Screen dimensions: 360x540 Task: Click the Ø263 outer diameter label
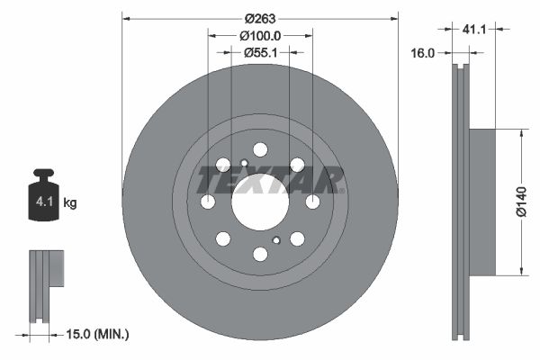pos(260,17)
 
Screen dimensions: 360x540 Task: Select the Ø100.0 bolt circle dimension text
pos(260,35)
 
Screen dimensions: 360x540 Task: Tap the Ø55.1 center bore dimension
pos(260,53)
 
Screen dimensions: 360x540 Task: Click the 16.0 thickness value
pos(424,53)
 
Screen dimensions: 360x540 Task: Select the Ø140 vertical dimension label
pos(521,202)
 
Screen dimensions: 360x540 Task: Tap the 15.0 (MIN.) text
pos(100,335)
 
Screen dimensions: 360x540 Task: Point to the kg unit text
pos(70,203)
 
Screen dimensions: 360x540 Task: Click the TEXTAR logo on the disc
pos(269,179)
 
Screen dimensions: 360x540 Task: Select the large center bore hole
pos(260,202)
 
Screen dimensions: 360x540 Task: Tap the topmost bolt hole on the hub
pos(260,149)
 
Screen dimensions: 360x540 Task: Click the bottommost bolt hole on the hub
pos(260,255)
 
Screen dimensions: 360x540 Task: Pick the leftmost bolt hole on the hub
pos(208,202)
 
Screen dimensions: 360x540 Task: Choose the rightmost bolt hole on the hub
pos(312,202)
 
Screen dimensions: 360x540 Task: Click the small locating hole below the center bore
pos(276,240)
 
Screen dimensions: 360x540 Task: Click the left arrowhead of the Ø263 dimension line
pos(126,17)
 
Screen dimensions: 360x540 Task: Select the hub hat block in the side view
pos(481,202)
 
